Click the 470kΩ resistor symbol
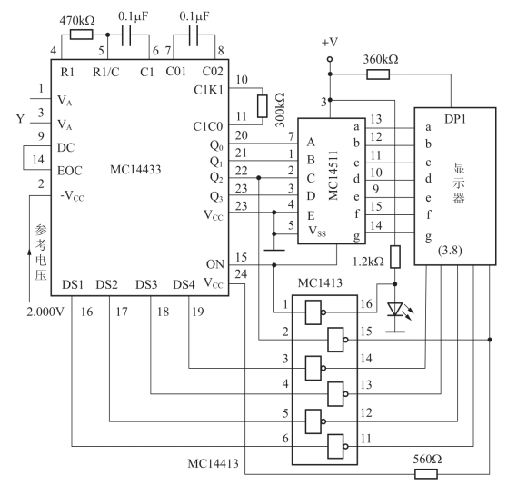81,35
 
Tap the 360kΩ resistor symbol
378,74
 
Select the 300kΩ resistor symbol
263,106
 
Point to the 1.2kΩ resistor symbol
395,257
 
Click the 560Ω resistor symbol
426,474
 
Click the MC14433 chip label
135,169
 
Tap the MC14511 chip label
333,175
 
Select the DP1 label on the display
455,119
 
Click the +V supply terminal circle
330,59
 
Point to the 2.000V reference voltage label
45,312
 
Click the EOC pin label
70,171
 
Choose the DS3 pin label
146,284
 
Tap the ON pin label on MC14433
215,264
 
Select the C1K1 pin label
209,90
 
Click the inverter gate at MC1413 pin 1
315,312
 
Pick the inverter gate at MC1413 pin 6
337,447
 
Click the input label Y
20,119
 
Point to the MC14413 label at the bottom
214,464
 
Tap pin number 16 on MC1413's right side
366,303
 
